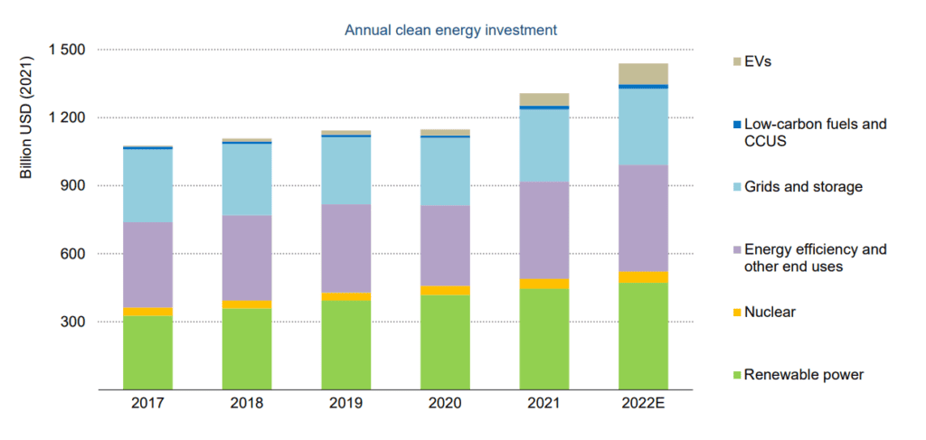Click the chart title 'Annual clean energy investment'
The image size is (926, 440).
(450, 30)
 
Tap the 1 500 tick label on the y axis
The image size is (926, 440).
(65, 50)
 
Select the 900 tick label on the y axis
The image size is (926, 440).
(73, 185)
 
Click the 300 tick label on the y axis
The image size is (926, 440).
(73, 322)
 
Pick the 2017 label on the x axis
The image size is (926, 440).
(147, 404)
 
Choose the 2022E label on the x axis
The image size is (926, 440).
(643, 404)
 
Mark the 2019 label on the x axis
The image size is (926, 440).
(345, 404)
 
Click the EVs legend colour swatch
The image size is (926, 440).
(737, 61)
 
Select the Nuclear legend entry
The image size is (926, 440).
(770, 312)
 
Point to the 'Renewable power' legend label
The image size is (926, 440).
(803, 374)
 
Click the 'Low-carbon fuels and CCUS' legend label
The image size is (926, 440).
(814, 132)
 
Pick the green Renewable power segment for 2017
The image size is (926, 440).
(147, 352)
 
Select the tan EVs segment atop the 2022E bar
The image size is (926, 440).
(643, 73)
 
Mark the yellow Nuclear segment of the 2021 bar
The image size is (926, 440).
(543, 284)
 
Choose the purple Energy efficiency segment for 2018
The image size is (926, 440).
(247, 257)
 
